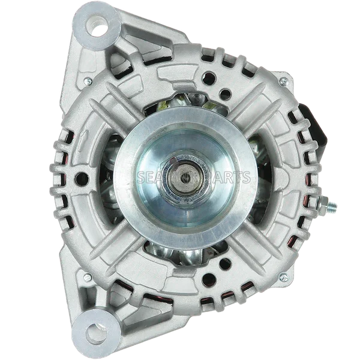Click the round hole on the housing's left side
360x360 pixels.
pos(79,178)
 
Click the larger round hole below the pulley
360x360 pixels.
pos(211,277)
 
